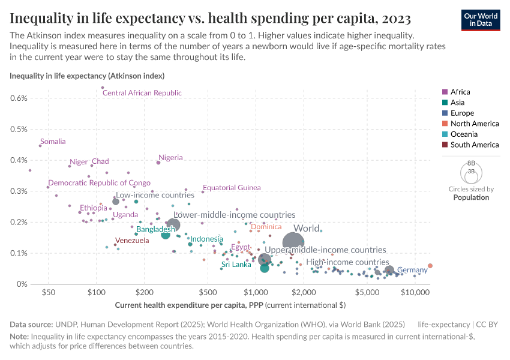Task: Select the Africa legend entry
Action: point(460,92)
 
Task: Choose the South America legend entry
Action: point(474,145)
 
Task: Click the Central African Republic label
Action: point(142,93)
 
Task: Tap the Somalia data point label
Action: point(53,142)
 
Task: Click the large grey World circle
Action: point(293,242)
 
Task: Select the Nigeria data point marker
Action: point(158,163)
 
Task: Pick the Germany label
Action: point(412,270)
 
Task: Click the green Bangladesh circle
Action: point(166,235)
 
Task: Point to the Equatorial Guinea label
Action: point(232,188)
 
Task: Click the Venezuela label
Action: point(132,241)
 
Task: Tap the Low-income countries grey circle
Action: point(116,202)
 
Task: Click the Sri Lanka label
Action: point(236,265)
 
